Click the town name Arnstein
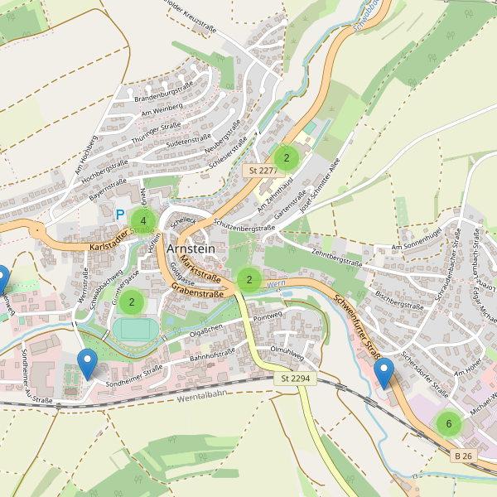click(191, 248)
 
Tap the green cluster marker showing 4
click(143, 220)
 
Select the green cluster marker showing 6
click(448, 424)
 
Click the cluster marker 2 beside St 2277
click(286, 157)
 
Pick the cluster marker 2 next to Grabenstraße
click(248, 280)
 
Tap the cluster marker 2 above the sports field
click(131, 302)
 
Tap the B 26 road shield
click(464, 456)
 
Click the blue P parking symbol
click(120, 215)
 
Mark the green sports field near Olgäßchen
click(133, 328)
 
